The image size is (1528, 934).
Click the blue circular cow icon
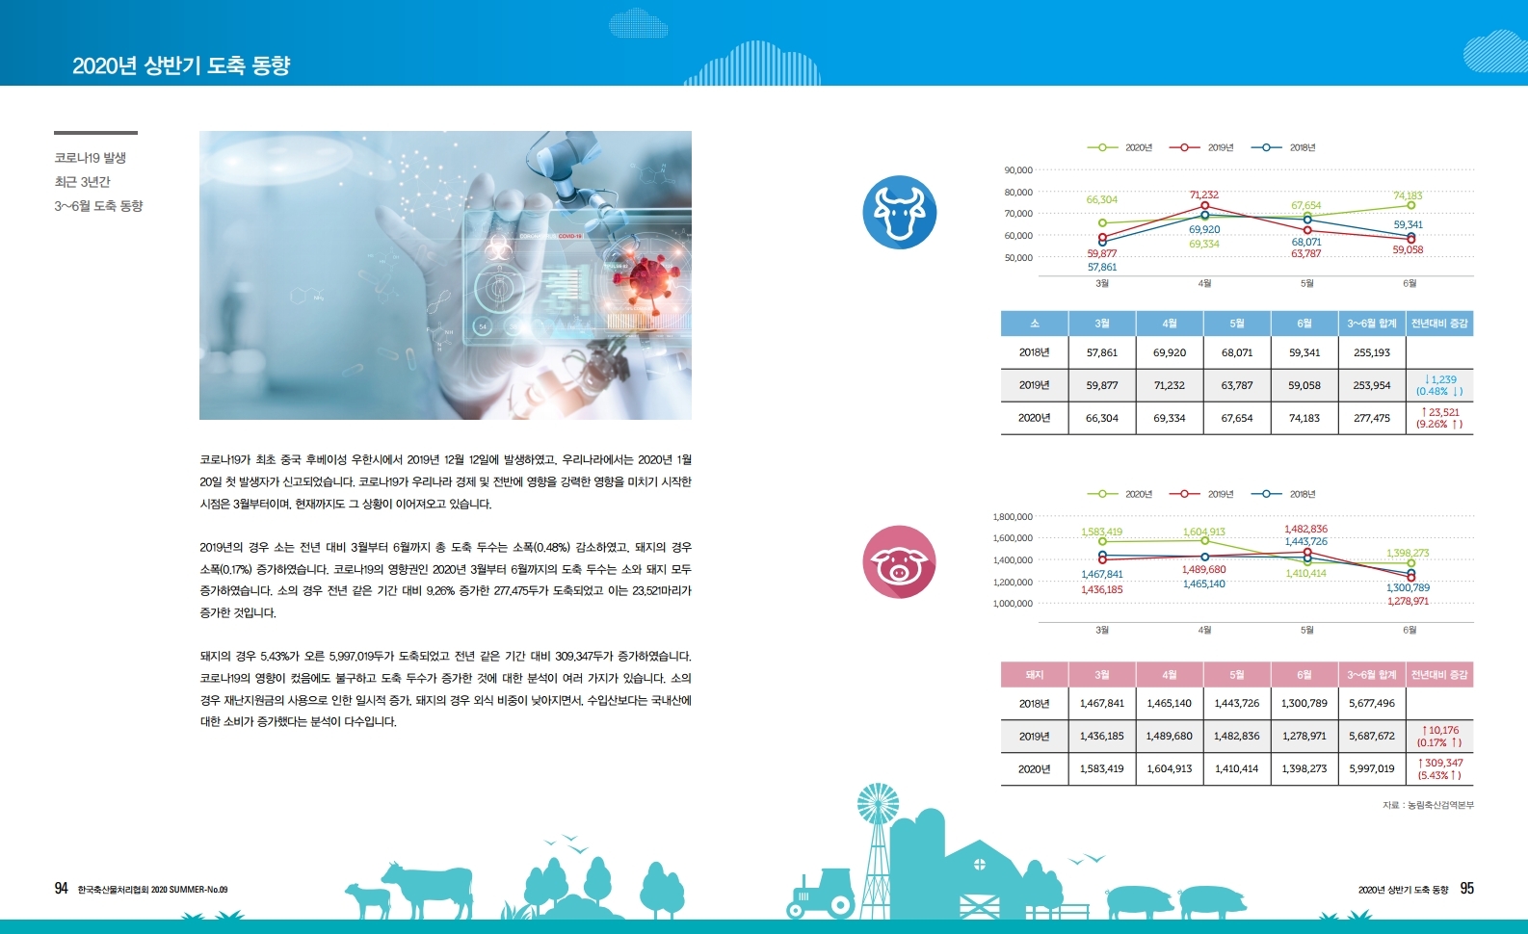click(899, 212)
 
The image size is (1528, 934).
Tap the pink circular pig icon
click(899, 561)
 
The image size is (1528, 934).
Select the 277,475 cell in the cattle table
click(1372, 418)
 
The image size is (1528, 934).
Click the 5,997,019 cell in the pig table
click(1372, 768)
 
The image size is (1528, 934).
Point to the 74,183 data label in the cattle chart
click(1408, 195)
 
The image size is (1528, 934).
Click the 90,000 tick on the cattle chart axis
click(1018, 169)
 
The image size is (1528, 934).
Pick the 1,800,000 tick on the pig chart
click(1013, 517)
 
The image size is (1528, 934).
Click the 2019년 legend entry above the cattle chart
click(1201, 147)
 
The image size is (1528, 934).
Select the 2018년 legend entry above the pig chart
click(1283, 494)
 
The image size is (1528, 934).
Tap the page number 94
click(62, 888)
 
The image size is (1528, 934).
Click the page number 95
click(1466, 888)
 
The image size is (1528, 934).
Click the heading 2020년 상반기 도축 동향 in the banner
click(181, 65)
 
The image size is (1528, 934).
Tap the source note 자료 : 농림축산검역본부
click(1429, 805)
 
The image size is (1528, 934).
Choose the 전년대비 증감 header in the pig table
click(1439, 674)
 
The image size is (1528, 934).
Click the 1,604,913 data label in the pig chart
click(1204, 532)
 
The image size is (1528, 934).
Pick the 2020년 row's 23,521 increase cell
click(1439, 418)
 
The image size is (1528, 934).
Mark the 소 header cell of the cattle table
click(1034, 324)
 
